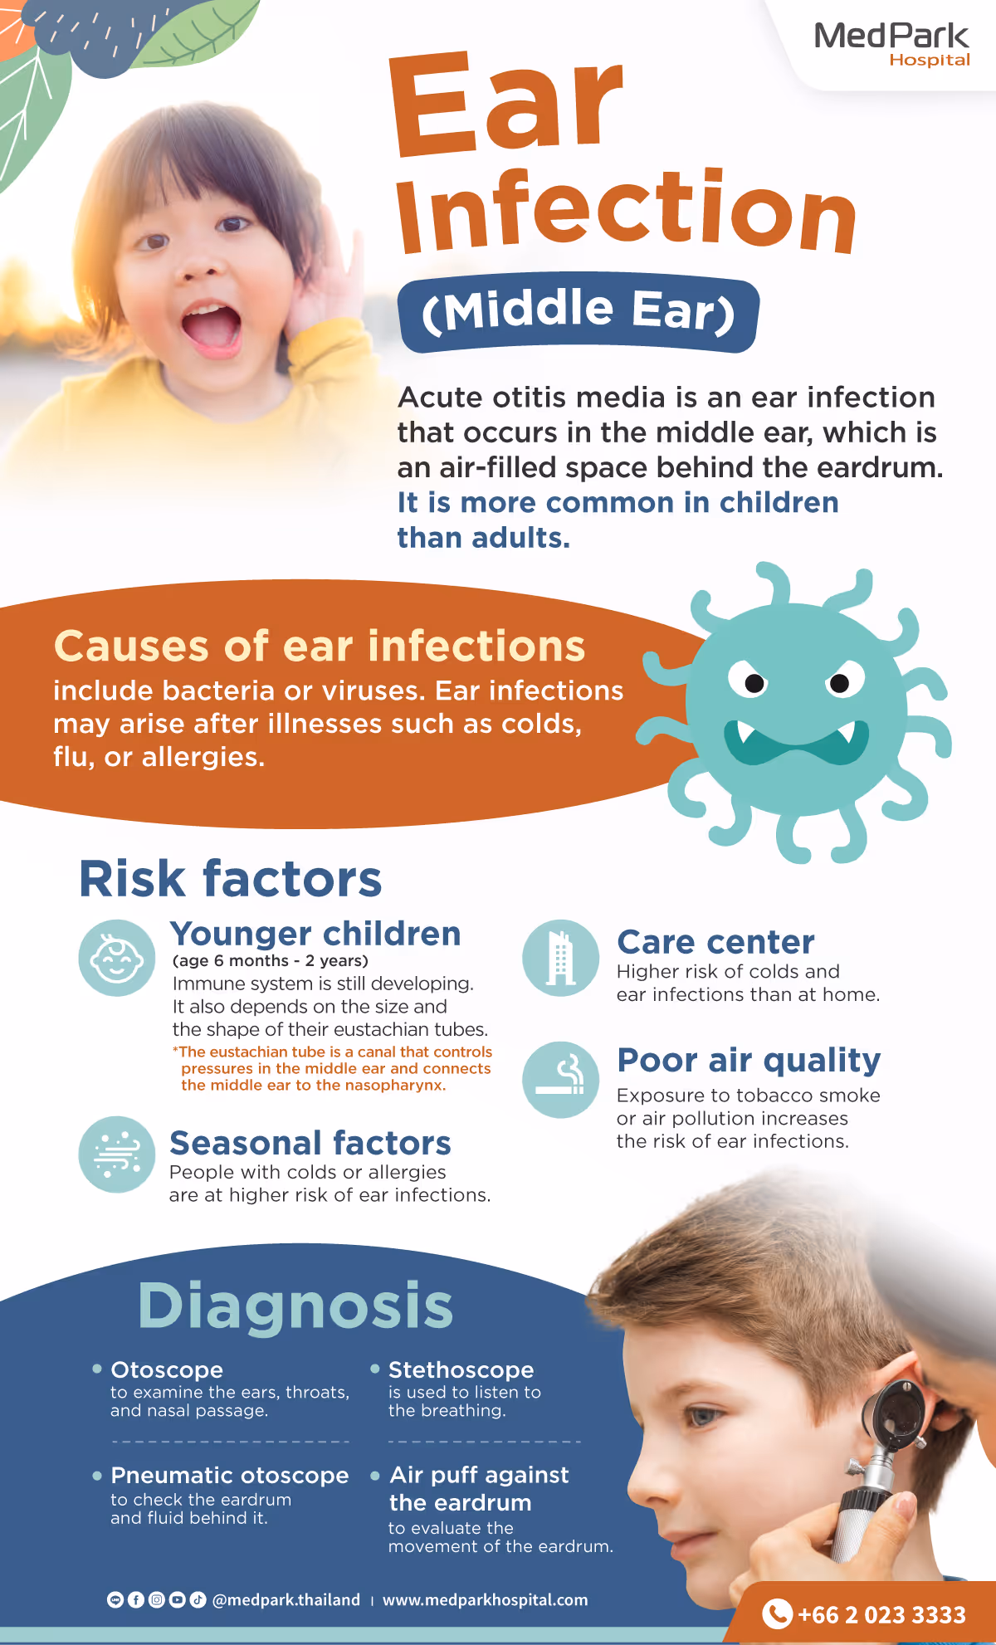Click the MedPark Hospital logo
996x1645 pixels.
(x=892, y=43)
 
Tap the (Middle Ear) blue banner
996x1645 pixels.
(x=579, y=312)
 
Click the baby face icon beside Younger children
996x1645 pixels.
(x=117, y=958)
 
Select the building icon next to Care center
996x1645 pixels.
(x=560, y=958)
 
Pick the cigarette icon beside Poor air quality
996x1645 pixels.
(x=560, y=1079)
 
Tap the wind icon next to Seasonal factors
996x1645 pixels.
(x=117, y=1154)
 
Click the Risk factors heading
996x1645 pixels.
(x=230, y=878)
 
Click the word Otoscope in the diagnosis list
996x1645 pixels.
(x=167, y=1369)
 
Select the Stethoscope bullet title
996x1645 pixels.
(x=461, y=1369)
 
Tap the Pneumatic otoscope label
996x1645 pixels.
(x=230, y=1476)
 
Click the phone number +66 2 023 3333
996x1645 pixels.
(x=881, y=1614)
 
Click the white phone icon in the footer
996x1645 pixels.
(x=777, y=1613)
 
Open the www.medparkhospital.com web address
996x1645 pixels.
(x=485, y=1600)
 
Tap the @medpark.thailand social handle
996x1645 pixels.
(x=286, y=1600)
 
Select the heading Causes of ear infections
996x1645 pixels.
(x=320, y=646)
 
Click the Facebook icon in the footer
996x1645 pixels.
(x=136, y=1600)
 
